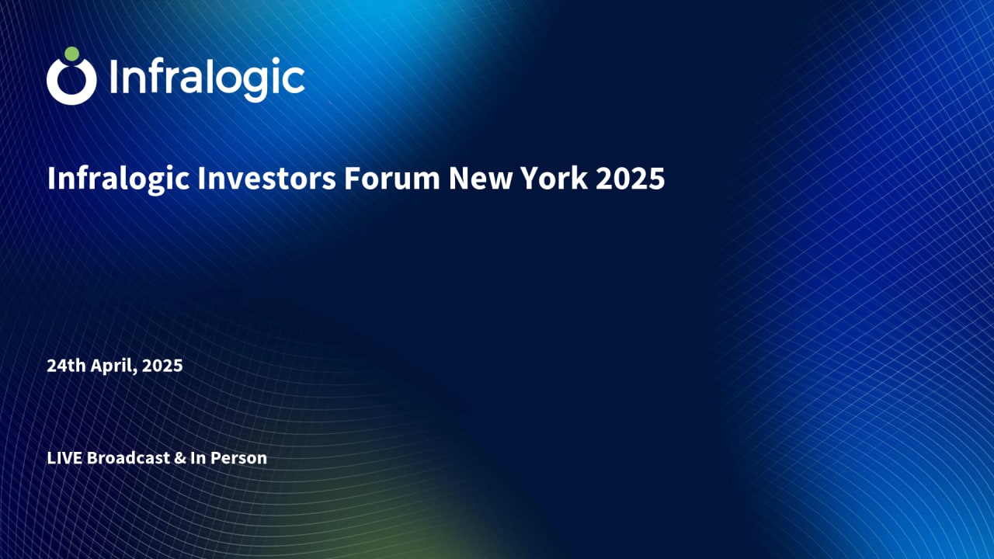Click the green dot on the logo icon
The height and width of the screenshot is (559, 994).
[x=71, y=54]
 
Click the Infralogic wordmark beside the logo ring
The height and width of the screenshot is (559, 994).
[x=207, y=78]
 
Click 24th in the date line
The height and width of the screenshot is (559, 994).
[x=63, y=366]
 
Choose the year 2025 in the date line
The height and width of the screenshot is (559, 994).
[x=163, y=366]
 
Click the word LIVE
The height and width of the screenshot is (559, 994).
[x=64, y=458]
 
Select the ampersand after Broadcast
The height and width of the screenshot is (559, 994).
[x=179, y=458]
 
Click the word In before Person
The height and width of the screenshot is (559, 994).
[x=198, y=458]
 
